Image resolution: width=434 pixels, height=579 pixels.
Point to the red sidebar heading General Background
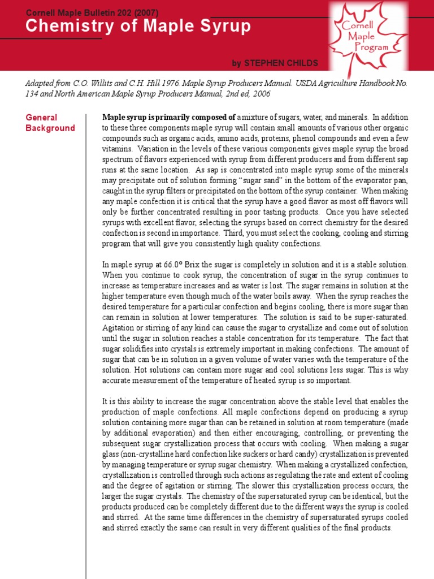click(x=50, y=123)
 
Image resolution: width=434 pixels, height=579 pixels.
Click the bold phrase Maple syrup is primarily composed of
click(x=168, y=118)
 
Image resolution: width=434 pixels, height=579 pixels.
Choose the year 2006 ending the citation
click(x=261, y=94)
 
